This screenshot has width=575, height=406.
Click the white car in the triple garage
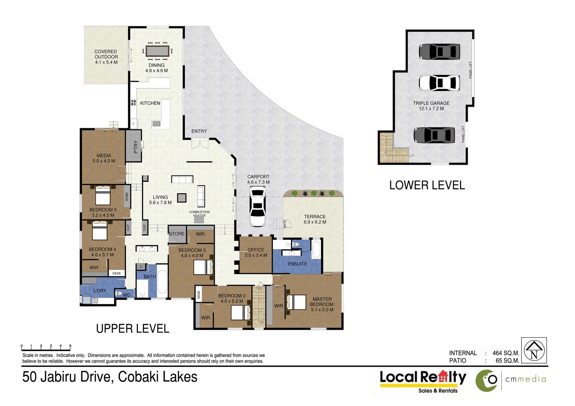(x=439, y=83)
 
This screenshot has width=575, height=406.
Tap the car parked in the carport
(x=258, y=208)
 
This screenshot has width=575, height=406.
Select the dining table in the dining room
(x=158, y=51)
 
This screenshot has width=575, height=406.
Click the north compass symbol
(x=534, y=350)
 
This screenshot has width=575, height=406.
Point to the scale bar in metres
(x=46, y=347)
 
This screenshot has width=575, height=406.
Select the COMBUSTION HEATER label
(x=199, y=214)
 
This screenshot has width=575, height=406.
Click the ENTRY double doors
(x=199, y=144)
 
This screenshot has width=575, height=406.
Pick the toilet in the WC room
(x=119, y=294)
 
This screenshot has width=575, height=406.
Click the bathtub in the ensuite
(x=316, y=248)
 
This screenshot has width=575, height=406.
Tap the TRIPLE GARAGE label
(x=431, y=106)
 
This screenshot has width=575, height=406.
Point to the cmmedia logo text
(x=525, y=379)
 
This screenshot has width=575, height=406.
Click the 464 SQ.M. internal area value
(x=505, y=353)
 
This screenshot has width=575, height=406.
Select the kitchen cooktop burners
(x=133, y=102)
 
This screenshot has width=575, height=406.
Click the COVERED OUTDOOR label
(x=106, y=57)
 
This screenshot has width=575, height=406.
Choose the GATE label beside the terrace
(x=285, y=224)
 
